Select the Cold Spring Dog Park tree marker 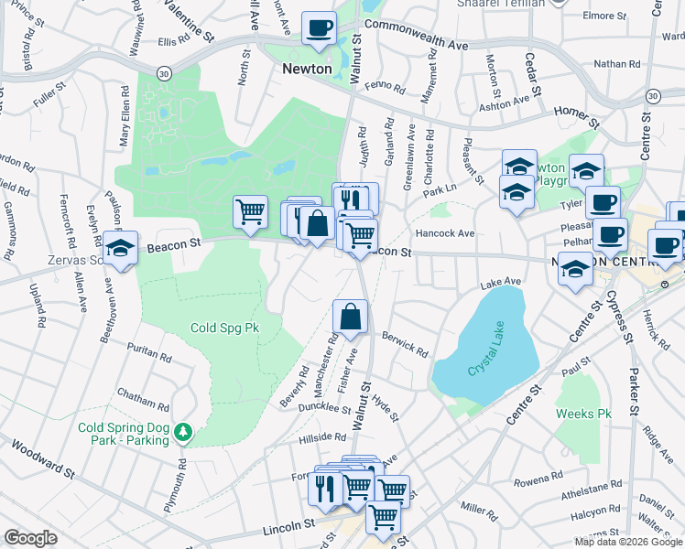click(183, 430)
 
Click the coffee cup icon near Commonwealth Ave click(319, 28)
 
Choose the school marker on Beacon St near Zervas click(120, 248)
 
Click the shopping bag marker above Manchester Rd click(351, 317)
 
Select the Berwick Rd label click(406, 345)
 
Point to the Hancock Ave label click(444, 233)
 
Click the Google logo click(31, 538)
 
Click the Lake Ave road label click(500, 282)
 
